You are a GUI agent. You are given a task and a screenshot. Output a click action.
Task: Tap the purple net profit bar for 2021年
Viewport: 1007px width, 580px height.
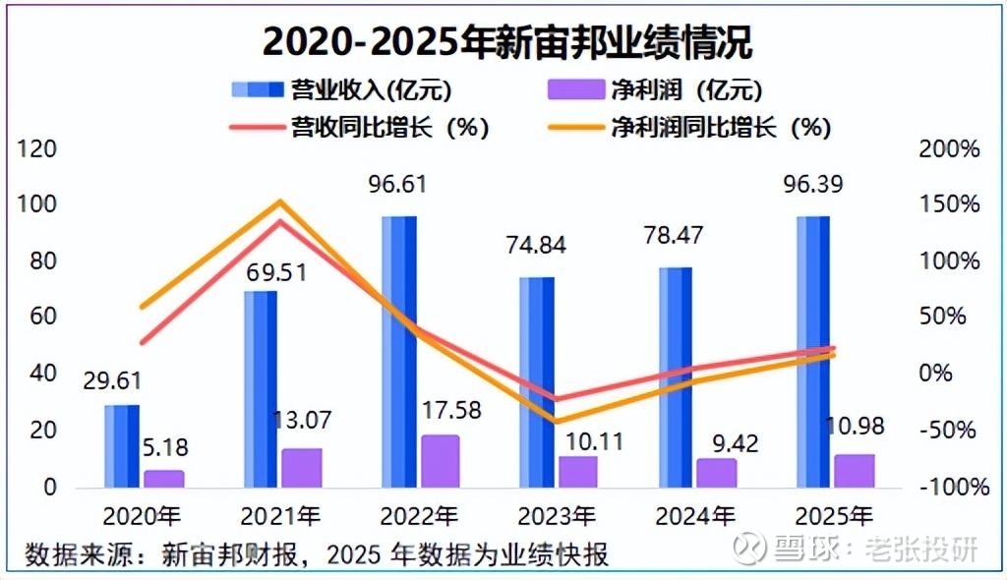302,468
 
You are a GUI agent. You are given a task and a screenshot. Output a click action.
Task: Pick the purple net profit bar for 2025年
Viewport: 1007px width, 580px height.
855,470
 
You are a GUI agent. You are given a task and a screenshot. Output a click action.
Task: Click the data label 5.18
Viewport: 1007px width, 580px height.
164,448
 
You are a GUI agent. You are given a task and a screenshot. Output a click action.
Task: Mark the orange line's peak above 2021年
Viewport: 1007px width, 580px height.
279,202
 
